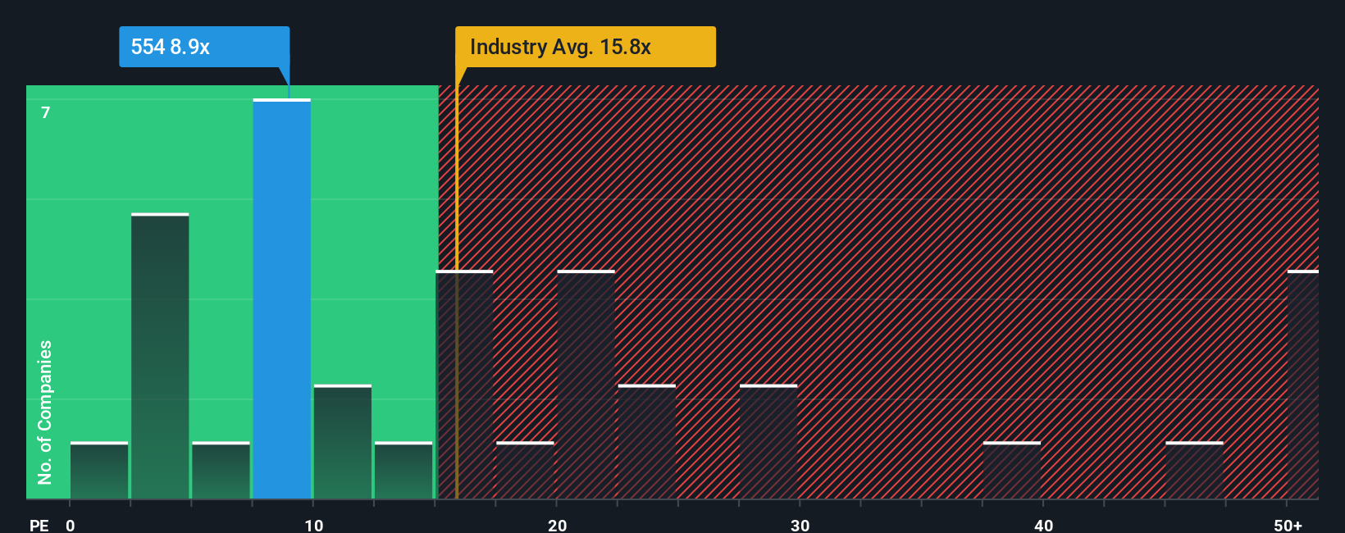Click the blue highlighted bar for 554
[x=281, y=299]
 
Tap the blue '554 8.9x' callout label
[x=171, y=47]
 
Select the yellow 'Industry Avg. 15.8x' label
[x=560, y=47]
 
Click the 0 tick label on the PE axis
[x=71, y=525]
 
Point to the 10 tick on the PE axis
[x=313, y=525]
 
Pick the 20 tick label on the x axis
[x=557, y=525]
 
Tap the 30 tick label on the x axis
[x=800, y=525]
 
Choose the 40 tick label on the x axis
[x=1043, y=525]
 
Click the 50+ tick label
[x=1288, y=525]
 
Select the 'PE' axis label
[x=39, y=525]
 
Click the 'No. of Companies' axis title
[x=45, y=412]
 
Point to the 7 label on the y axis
[x=46, y=112]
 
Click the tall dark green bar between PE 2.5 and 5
[x=160, y=357]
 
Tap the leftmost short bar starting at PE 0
[x=99, y=471]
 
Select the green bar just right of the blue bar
[x=342, y=442]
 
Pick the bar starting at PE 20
[x=586, y=385]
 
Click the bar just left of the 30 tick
[x=768, y=442]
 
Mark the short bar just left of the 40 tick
[x=1011, y=471]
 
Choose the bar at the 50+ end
[x=1302, y=385]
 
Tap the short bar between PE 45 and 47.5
[x=1194, y=471]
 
